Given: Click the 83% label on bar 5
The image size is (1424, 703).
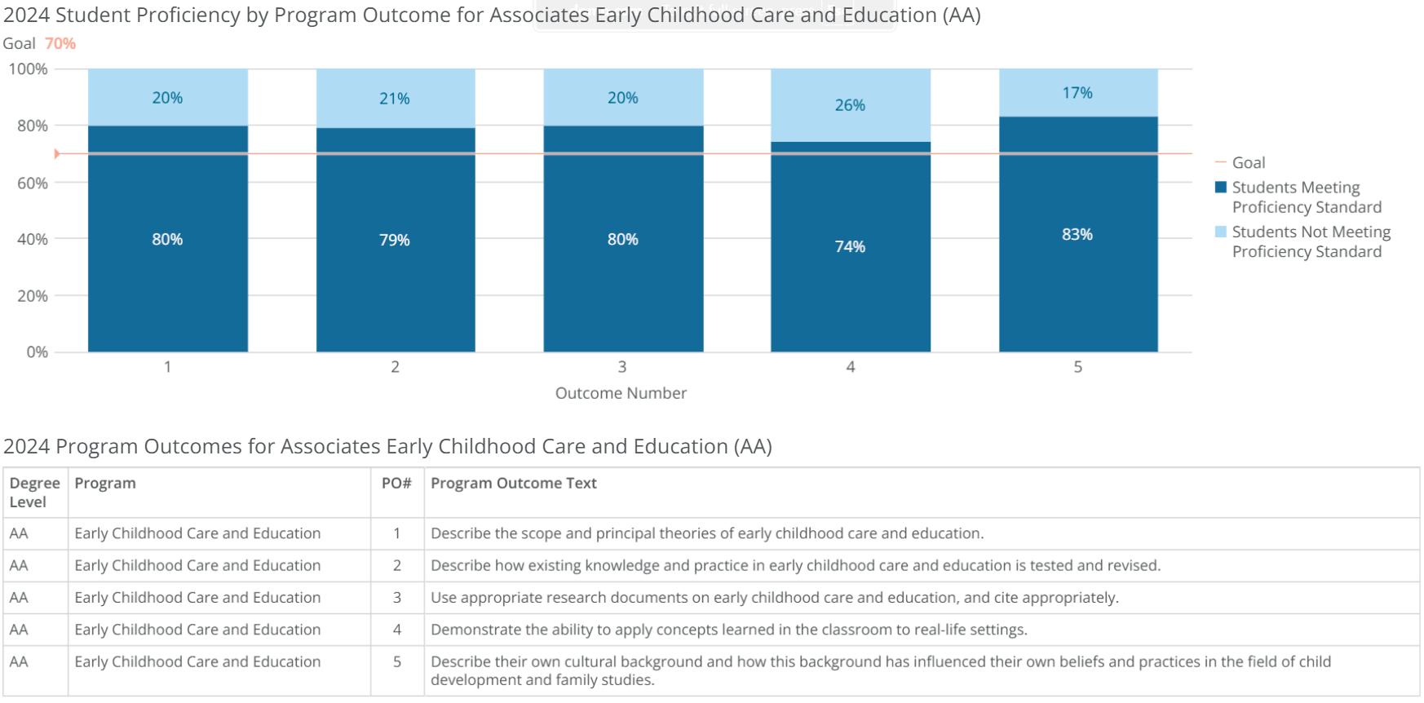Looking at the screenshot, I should pos(1077,234).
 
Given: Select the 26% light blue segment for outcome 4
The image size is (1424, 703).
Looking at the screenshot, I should pos(850,105).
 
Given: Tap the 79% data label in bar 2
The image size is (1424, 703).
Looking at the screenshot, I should pos(394,240).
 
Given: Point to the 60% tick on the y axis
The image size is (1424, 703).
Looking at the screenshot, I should pos(33,183).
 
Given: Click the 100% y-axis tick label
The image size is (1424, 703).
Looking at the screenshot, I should pos(29,69).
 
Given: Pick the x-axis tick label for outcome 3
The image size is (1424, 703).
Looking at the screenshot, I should pos(622,367).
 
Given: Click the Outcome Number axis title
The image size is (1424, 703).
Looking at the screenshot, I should pos(621,393).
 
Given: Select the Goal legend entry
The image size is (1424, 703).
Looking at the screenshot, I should pos(1248,162).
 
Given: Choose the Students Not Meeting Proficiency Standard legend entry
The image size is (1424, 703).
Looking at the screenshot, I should pos(1310,241).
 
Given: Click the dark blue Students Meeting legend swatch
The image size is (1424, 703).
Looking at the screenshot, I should pos(1221,188).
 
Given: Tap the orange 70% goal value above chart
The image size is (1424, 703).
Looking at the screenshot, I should pos(60,43).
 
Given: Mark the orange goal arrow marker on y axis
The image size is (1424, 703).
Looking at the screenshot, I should pos(57,153).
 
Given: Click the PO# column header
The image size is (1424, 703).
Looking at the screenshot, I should pos(396,483).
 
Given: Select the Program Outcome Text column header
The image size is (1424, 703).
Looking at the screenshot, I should pos(514,483).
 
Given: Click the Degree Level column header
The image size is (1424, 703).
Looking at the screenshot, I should pos(34,492).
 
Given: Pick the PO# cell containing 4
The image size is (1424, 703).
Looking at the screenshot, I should pos(397,630).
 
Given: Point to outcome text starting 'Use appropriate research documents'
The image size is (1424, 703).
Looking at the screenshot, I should pos(774,598).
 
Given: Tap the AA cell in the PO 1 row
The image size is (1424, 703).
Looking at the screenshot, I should pos(19,533).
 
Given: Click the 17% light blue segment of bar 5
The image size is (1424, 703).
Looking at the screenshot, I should pos(1077,93).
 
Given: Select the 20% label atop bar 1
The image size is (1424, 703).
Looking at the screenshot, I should pos(167,98).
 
